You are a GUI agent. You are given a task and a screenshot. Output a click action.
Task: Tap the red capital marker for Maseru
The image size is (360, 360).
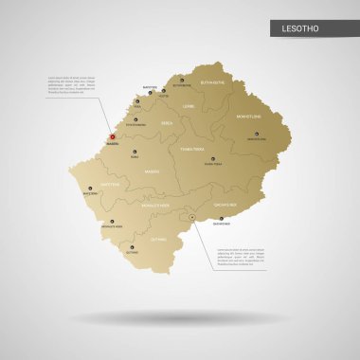point(111,137)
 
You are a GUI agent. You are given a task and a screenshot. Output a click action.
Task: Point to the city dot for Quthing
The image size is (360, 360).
point(131,248)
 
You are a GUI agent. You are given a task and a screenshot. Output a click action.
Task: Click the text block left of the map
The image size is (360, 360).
point(70,84)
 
